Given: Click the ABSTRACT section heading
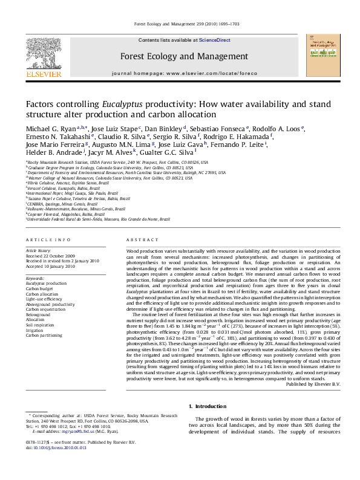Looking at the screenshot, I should click(137, 240).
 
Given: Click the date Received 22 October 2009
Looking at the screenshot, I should click(50, 256).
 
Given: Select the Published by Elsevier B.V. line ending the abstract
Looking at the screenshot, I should click(313, 384).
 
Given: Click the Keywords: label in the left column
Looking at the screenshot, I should click(36, 277).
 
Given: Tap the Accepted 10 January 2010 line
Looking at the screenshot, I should click(50, 266).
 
